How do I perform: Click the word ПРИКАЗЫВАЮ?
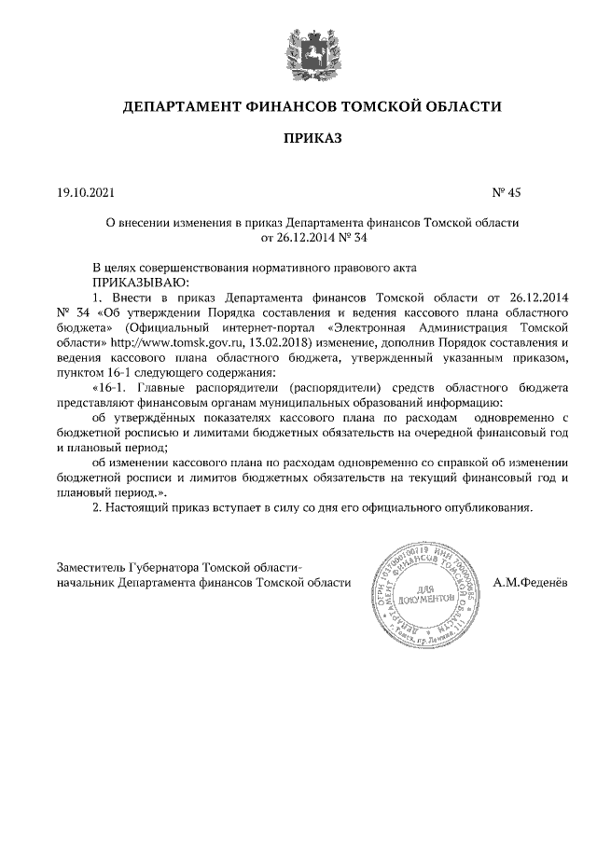(141, 281)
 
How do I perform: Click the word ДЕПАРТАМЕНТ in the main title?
(181, 107)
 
